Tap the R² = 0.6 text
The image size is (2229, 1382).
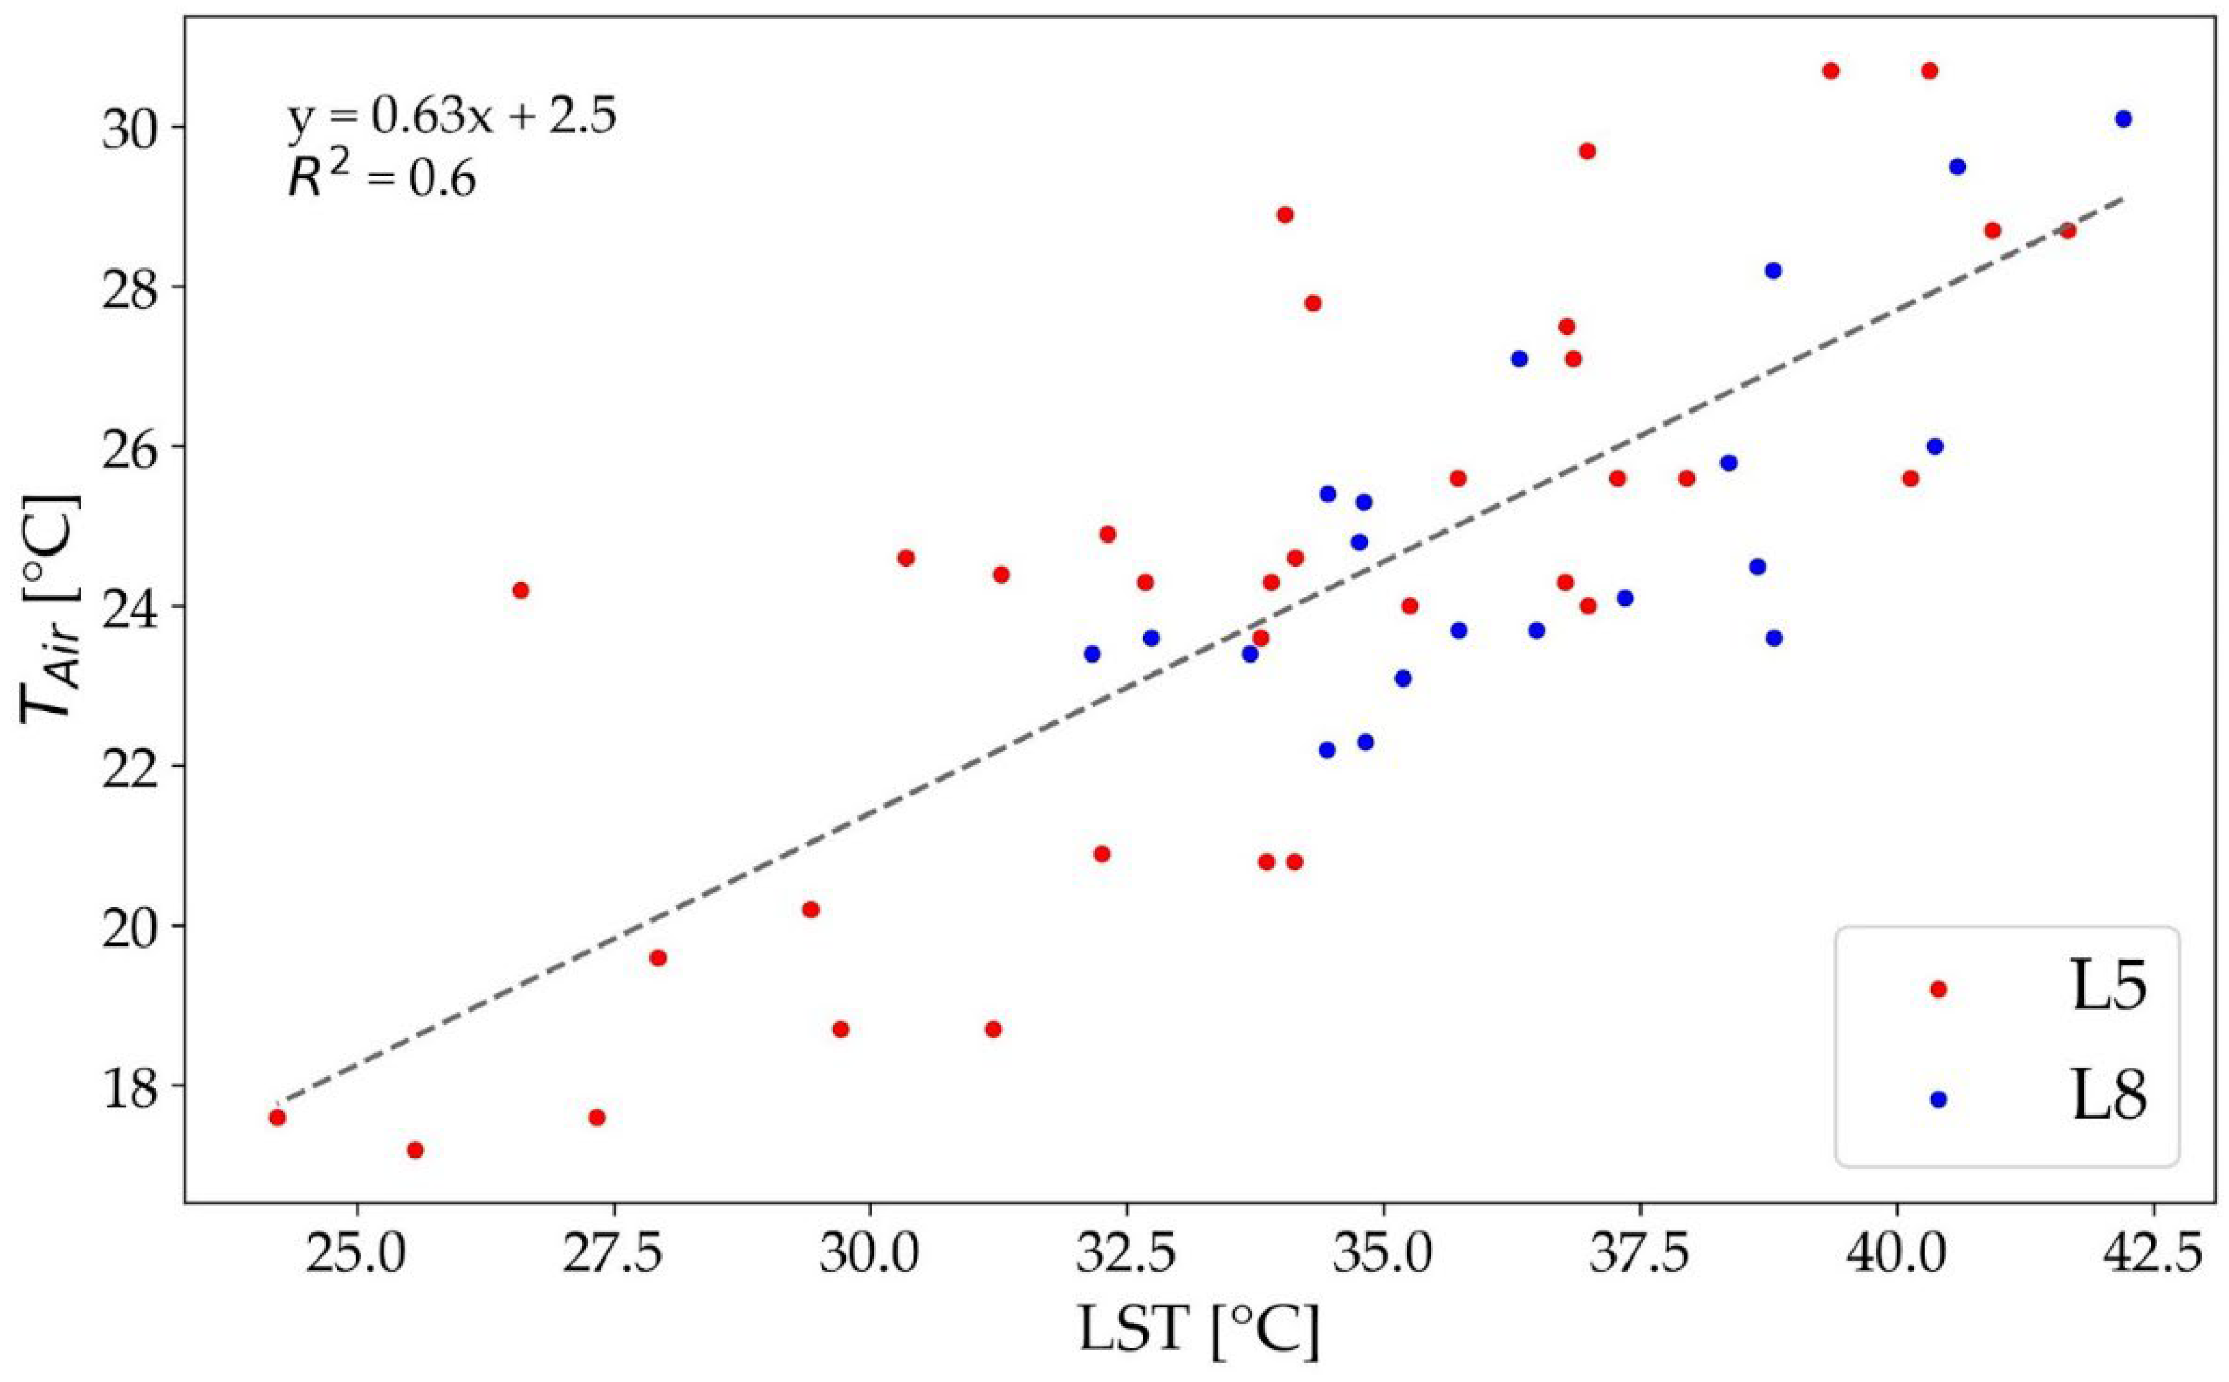click(x=382, y=178)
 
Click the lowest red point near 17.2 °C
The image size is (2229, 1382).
click(x=415, y=1149)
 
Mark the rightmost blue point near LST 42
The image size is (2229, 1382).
click(x=2123, y=119)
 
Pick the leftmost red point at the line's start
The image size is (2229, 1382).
click(x=277, y=1117)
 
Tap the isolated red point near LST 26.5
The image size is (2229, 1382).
click(x=521, y=590)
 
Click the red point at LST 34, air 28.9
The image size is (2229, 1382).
click(x=1285, y=215)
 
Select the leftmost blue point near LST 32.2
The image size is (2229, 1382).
click(x=1091, y=654)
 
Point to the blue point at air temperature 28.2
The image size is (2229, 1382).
click(x=1773, y=270)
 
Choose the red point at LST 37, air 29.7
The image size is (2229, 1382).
click(x=1586, y=151)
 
